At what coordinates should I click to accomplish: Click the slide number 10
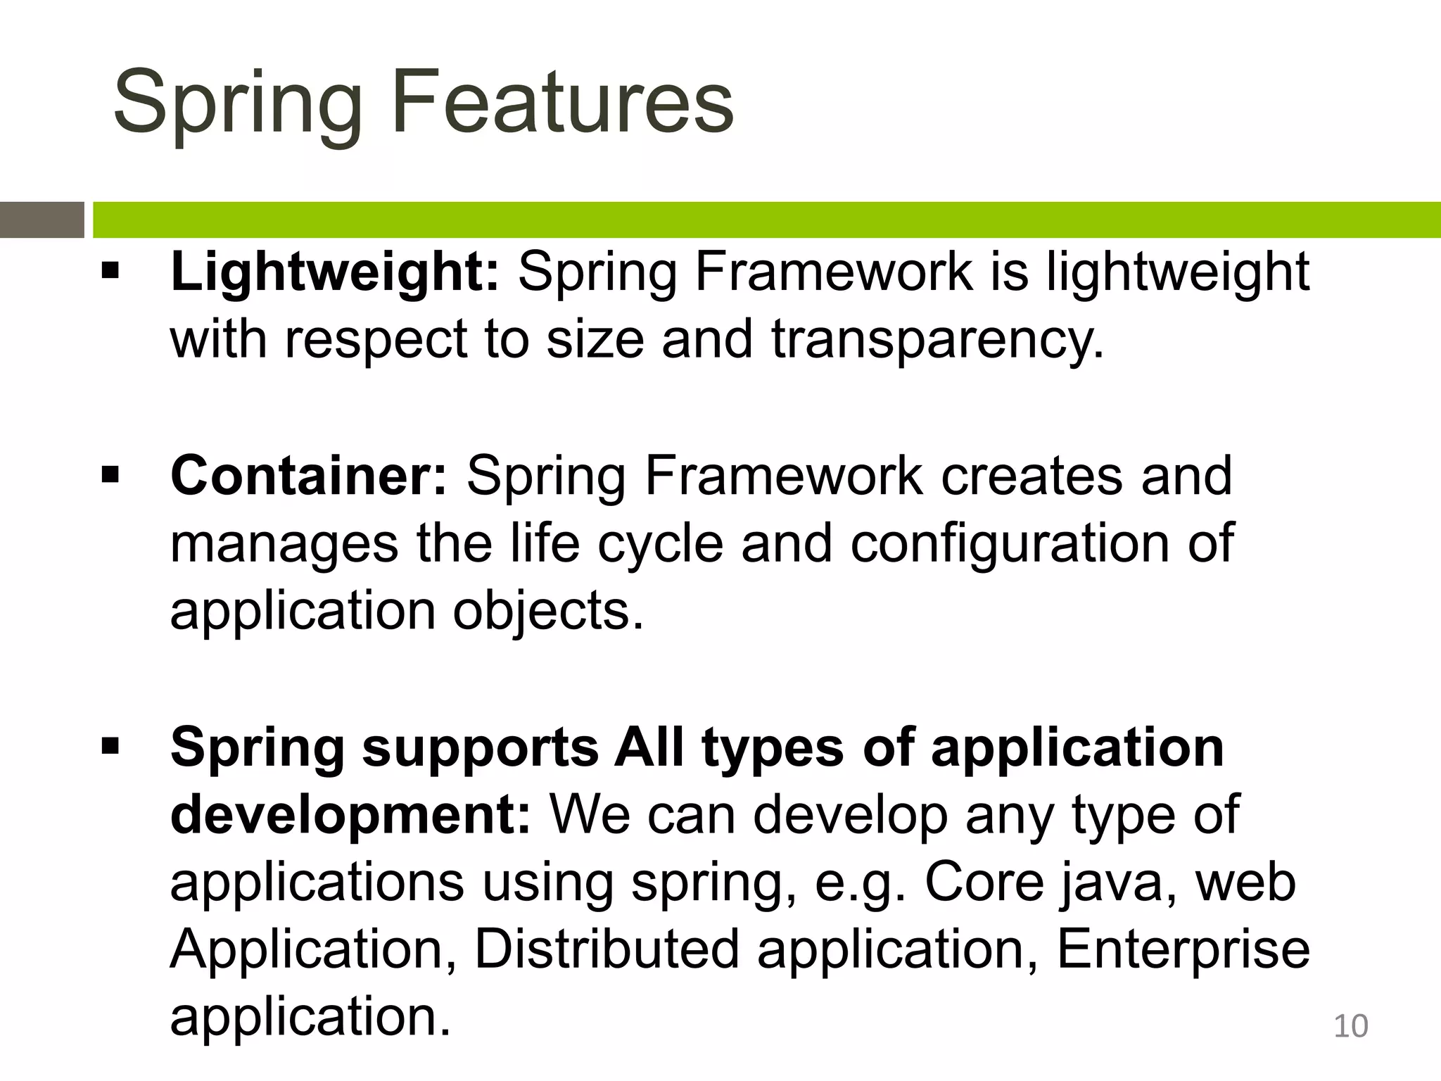point(1350,1025)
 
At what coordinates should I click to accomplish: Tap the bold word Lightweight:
point(334,272)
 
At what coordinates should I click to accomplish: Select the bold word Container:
point(308,476)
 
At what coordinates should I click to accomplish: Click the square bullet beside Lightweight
point(110,271)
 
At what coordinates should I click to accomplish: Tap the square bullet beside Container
point(110,475)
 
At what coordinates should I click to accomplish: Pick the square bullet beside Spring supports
point(110,746)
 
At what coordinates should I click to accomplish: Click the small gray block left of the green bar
point(42,220)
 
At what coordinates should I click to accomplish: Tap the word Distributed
point(607,949)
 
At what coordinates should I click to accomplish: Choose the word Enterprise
point(1182,949)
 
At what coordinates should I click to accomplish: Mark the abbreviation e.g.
point(859,883)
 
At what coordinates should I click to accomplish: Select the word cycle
point(660,543)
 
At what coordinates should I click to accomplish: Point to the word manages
point(284,543)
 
